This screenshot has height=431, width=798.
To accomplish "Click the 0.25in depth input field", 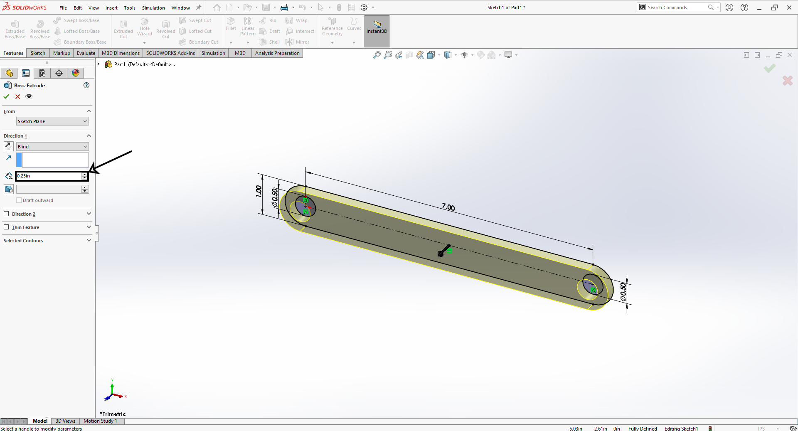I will coord(49,176).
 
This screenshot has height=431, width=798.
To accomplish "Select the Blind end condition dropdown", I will coord(52,147).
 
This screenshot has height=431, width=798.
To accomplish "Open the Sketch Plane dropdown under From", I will coord(52,121).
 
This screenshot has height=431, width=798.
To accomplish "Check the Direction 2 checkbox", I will coord(6,214).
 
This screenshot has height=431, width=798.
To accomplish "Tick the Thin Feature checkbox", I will coord(6,227).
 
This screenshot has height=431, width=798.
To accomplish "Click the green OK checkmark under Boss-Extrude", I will coord(6,96).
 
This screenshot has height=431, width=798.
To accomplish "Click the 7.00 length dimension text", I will coord(448,207).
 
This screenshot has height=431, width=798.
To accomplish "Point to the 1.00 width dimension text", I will coord(259,191).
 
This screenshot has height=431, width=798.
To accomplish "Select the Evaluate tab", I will coord(86,53).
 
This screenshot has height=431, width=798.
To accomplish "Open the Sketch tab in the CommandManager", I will coord(38,53).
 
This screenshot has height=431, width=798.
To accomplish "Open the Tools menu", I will coord(130,8).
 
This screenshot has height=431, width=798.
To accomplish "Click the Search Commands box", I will coord(676,7).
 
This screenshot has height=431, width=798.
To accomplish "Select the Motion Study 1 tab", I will coord(100,421).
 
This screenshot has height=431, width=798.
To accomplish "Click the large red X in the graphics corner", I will coord(787,81).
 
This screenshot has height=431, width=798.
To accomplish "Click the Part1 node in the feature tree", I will coord(119,64).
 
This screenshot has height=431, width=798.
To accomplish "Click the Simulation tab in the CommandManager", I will coord(213,53).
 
